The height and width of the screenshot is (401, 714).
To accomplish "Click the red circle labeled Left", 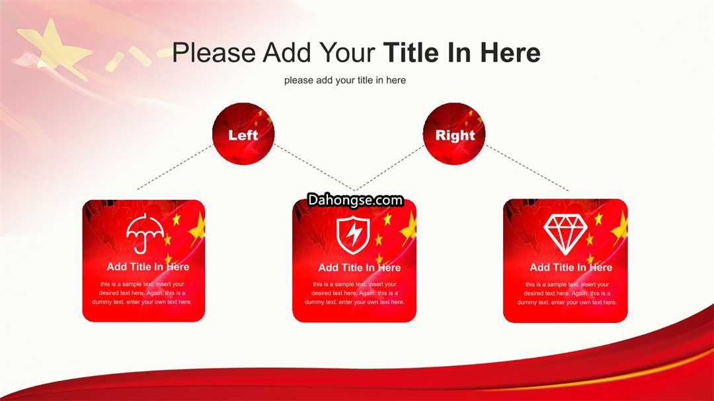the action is point(243,134).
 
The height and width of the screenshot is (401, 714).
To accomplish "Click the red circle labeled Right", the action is point(454,134).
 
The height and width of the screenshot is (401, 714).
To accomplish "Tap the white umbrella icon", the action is point(145,233).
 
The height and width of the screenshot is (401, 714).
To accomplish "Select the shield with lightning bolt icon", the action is point(353,235).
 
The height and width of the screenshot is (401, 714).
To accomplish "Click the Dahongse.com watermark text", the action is point(355,200).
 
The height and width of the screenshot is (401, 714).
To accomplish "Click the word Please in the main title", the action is point(214,52).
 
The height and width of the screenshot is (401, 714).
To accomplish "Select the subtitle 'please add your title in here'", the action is point(344,80).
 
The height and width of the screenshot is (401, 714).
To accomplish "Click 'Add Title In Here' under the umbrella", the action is point(148,267).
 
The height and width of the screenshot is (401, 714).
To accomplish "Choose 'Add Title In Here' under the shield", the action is point(359,267).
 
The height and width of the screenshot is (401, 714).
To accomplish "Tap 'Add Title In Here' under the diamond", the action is point(571,267).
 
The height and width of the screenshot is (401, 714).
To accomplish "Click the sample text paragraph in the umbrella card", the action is point(142,293).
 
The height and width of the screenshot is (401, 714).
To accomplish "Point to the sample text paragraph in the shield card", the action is point(354,293).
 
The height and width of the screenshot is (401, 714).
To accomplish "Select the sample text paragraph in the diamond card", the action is point(567,293).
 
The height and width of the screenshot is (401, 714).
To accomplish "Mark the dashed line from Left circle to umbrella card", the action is point(175,167).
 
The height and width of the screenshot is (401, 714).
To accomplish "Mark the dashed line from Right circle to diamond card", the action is point(527,167).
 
